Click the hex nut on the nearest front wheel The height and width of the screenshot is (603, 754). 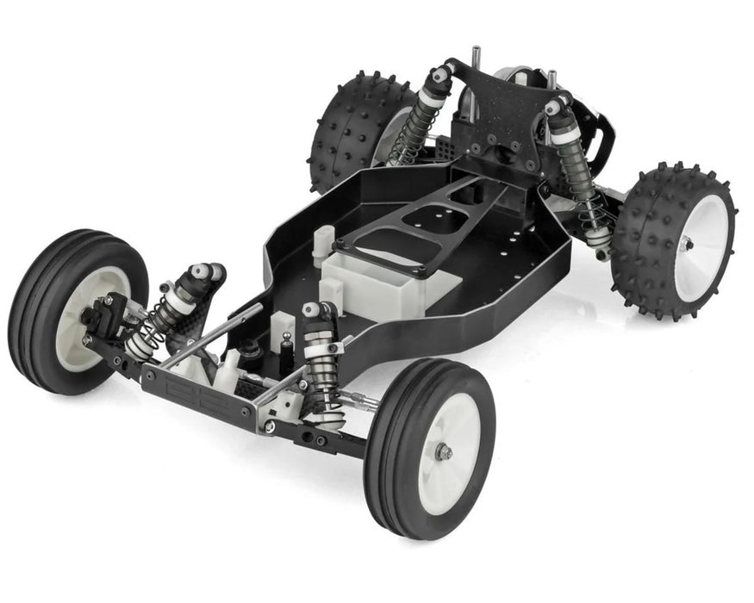[x=445, y=451]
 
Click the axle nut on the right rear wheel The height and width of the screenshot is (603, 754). [x=686, y=245]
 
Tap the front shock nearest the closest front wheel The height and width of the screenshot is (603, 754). [x=322, y=362]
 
